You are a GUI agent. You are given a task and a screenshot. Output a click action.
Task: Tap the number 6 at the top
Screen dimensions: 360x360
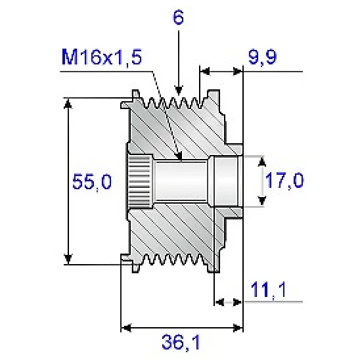coord(177,18)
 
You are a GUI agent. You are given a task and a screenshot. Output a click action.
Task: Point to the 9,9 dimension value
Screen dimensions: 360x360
coord(265,58)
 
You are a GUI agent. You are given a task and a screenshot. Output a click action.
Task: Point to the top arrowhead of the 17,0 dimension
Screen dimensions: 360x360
coord(263,161)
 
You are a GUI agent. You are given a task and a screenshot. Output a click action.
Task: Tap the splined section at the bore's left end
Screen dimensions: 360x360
coord(140,181)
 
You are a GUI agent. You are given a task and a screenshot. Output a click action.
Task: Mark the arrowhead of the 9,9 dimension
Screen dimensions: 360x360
coord(204,70)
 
